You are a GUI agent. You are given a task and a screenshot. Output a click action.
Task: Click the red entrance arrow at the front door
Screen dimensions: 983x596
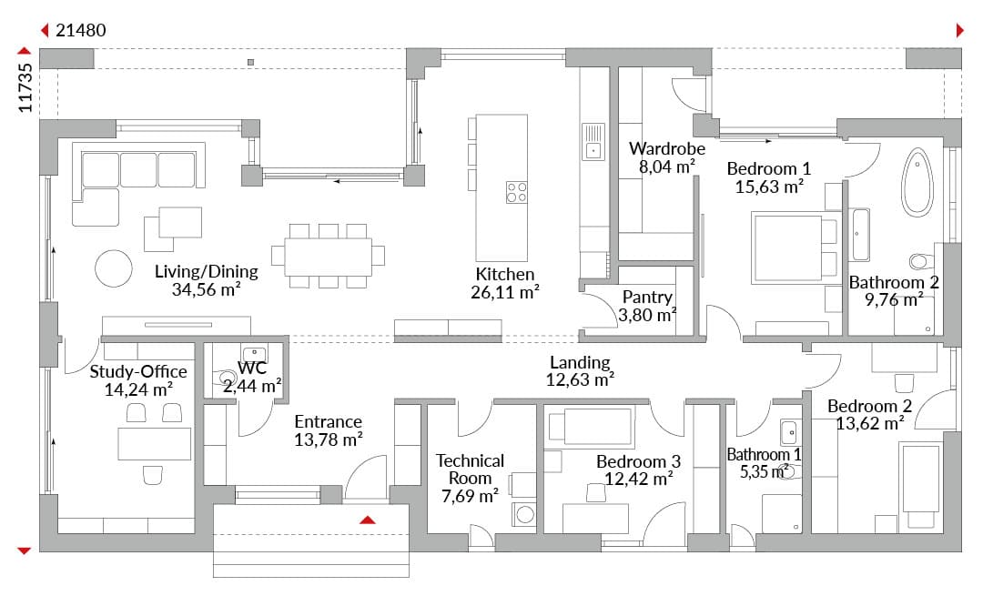coord(368,520)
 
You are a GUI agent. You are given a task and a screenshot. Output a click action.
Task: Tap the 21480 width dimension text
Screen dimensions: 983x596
coord(81,30)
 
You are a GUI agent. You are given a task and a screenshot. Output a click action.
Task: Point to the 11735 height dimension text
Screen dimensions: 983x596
coord(25,87)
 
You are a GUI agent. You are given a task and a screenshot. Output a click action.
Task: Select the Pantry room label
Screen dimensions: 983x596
coord(648,297)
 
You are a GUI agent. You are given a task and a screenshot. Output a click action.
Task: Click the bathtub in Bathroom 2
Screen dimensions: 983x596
coord(917,182)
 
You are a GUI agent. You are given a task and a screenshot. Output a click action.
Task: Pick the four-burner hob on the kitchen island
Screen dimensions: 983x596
coord(517,192)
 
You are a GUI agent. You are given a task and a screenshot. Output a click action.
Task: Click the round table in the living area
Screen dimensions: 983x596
coord(114,268)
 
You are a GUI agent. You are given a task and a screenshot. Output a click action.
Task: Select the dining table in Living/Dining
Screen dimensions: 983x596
coord(328,257)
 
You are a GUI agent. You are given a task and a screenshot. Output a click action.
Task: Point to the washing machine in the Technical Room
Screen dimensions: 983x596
coord(524,514)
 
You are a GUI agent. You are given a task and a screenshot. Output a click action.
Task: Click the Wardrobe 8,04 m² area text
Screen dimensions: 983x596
coord(667,167)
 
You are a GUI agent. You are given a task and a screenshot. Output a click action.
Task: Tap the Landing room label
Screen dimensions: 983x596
coord(580,362)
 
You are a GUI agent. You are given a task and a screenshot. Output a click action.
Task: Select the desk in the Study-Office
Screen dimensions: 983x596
coord(154,444)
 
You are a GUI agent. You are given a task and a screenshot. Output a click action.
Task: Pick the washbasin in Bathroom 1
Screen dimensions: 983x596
coord(788,432)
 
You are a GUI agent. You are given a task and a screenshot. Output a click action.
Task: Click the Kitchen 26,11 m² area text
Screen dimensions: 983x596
coord(505,292)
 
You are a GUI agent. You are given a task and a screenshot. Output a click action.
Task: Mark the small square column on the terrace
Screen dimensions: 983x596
coord(251,62)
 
